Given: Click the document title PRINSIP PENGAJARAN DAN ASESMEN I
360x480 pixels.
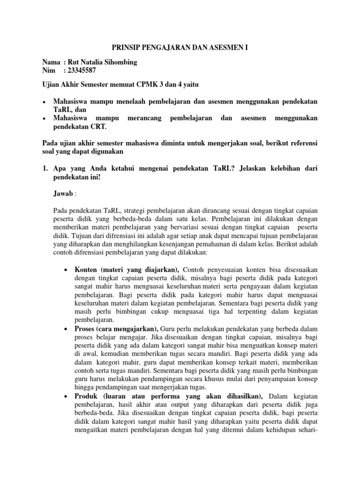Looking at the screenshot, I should [x=180, y=48].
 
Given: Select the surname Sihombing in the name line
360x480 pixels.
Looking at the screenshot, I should [x=121, y=62].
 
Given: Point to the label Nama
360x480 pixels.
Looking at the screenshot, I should [x=51, y=62].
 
